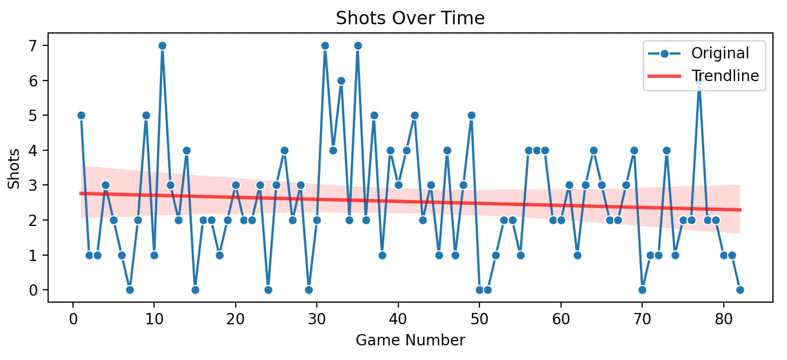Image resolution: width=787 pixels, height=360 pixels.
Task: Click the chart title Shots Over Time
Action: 410,18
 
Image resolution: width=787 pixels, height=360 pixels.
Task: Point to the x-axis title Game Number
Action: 410,341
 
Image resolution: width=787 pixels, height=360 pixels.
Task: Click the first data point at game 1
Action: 81,115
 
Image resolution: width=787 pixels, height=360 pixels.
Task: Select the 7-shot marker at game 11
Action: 162,45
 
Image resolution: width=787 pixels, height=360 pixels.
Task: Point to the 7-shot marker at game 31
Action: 325,45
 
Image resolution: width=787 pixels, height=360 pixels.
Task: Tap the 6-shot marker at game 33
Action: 341,81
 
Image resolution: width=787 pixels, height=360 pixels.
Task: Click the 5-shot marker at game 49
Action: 471,115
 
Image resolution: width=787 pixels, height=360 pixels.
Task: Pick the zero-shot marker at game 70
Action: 642,290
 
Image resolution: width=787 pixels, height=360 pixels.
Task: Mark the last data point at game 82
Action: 740,290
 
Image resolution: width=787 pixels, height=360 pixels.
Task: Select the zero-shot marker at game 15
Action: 195,290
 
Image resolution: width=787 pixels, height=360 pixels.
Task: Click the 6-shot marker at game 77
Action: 699,81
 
